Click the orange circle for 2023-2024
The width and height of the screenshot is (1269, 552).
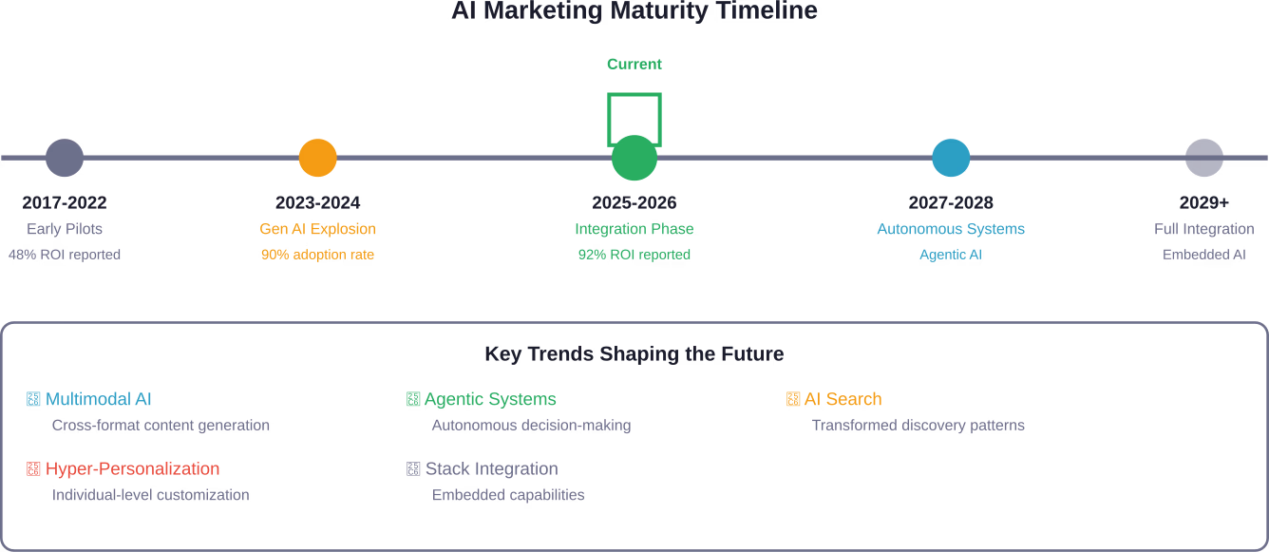[318, 158]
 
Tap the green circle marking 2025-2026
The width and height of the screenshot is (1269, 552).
[634, 158]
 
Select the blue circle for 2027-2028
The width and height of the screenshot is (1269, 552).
[951, 158]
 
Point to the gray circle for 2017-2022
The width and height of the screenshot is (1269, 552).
[65, 158]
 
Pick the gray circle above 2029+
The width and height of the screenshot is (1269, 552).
[1204, 158]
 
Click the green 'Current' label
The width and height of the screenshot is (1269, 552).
[634, 65]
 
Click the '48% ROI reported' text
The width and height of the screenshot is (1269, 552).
[65, 255]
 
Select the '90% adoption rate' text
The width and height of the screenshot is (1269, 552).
[317, 255]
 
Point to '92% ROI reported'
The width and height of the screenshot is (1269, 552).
[634, 255]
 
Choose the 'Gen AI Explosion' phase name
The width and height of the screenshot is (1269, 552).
[317, 229]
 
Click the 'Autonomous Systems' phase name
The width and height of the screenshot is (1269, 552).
[951, 229]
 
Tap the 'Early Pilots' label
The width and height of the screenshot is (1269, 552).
[65, 229]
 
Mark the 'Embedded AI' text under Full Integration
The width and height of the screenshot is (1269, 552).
[1204, 255]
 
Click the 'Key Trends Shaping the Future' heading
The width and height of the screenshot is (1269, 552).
[634, 354]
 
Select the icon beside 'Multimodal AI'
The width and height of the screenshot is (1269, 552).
[34, 399]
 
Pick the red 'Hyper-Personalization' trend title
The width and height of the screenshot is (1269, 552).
[132, 468]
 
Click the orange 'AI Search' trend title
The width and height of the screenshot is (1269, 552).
[843, 399]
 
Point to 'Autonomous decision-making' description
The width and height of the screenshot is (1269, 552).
[531, 426]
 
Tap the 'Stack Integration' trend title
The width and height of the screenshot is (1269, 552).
[491, 468]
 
